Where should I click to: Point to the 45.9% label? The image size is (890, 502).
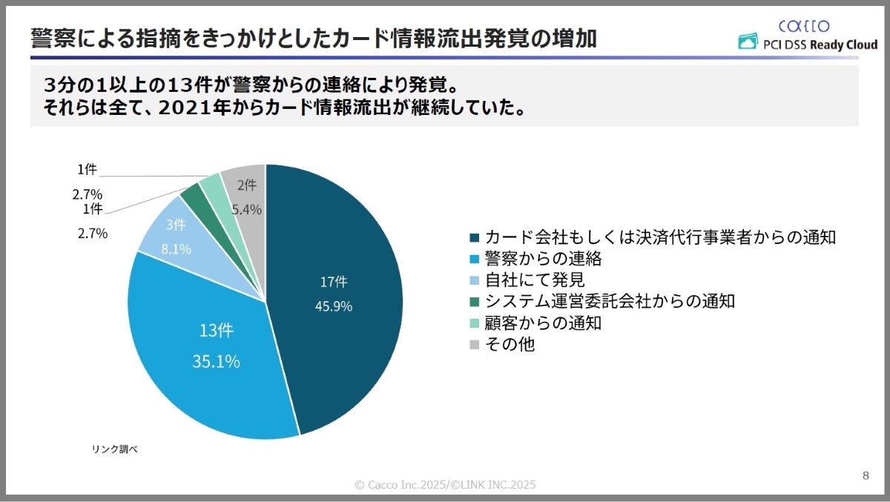334,306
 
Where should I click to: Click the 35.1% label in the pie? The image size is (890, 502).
216,362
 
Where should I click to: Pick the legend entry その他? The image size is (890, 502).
510,345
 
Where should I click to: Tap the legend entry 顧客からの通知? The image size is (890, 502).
542,323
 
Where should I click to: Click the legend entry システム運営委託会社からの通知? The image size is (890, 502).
609,302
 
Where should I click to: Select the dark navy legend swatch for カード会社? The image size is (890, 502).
475,238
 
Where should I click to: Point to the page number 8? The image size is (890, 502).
866,475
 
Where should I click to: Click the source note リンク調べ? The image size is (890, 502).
115,449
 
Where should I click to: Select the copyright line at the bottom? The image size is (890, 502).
445,485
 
